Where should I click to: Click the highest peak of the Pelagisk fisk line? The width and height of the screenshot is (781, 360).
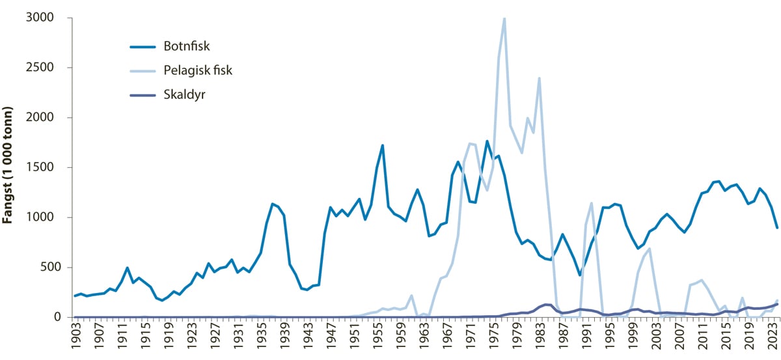504,19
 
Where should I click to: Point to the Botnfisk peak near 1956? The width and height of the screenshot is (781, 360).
383,145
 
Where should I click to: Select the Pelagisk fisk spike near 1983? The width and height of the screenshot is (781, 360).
539,78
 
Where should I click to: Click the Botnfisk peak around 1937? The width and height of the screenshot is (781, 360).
273,204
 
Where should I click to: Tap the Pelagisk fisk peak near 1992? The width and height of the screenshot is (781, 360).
591,203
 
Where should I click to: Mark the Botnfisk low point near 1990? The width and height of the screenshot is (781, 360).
580,275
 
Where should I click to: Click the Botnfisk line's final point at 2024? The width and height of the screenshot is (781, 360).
777,228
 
